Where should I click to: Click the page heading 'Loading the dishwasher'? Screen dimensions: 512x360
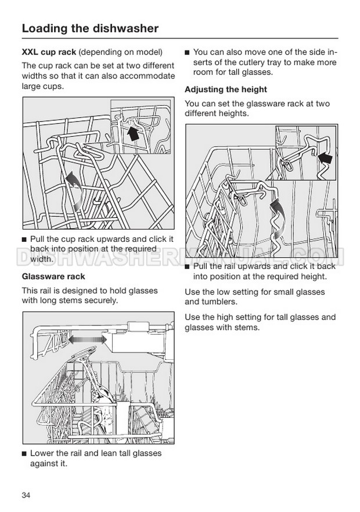coord(89,28)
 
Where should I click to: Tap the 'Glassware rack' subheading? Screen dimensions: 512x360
coord(53,276)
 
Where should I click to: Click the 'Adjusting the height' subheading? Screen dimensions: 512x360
coord(225,89)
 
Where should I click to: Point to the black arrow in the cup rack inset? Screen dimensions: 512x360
coord(133,134)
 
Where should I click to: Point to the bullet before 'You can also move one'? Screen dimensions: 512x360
coord(187,52)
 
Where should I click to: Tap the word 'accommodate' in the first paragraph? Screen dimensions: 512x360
coord(149,76)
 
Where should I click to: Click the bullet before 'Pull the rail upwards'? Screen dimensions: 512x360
coord(187,266)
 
